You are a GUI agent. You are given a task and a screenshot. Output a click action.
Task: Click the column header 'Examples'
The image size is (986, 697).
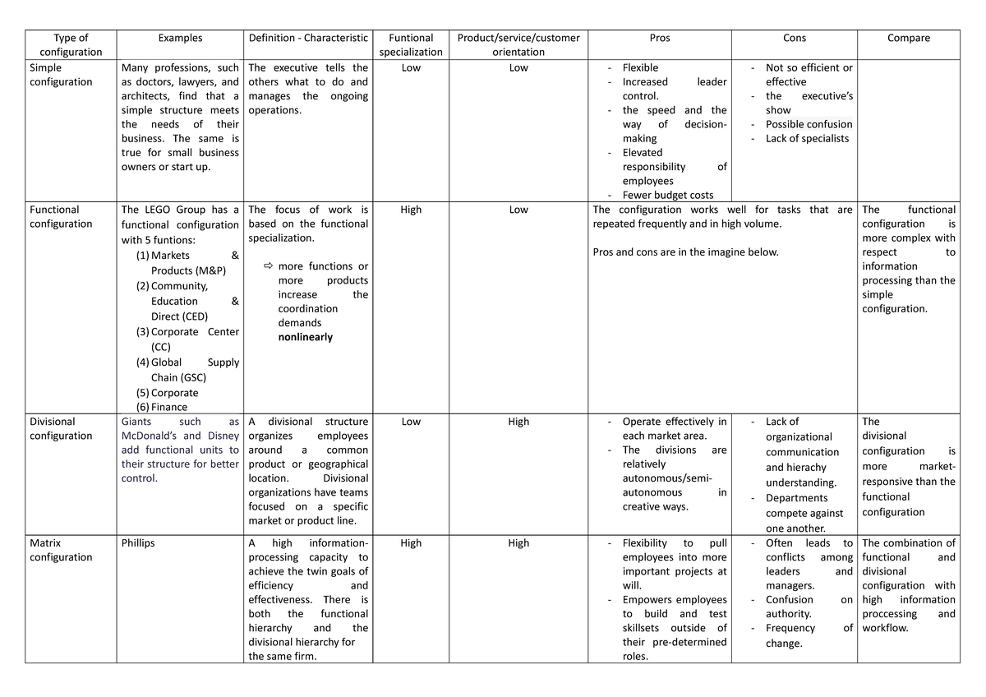(180, 38)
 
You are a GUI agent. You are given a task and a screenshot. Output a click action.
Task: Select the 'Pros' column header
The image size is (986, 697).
(659, 38)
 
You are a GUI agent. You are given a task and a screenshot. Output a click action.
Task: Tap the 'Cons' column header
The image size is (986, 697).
(795, 38)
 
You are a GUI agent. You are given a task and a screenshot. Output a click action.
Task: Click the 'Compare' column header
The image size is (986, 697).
(909, 38)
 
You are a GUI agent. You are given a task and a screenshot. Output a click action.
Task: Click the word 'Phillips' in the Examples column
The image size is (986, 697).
(138, 543)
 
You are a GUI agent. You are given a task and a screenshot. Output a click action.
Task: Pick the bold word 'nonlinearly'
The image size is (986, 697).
(306, 337)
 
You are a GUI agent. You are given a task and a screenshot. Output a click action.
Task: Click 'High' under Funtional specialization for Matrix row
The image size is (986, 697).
(411, 543)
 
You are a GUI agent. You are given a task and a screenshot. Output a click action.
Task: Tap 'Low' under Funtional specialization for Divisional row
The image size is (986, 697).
(411, 422)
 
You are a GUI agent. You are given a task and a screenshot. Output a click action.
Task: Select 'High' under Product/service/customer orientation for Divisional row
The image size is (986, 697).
(518, 422)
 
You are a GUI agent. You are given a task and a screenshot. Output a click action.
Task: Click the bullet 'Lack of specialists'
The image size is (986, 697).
(807, 139)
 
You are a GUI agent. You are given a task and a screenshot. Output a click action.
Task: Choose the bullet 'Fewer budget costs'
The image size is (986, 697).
(667, 195)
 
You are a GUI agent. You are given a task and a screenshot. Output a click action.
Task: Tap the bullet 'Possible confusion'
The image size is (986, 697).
(809, 124)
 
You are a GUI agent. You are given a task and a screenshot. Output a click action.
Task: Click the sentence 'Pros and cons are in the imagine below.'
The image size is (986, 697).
(684, 252)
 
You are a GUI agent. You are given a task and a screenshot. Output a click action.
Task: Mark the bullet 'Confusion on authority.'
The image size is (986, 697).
(809, 607)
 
